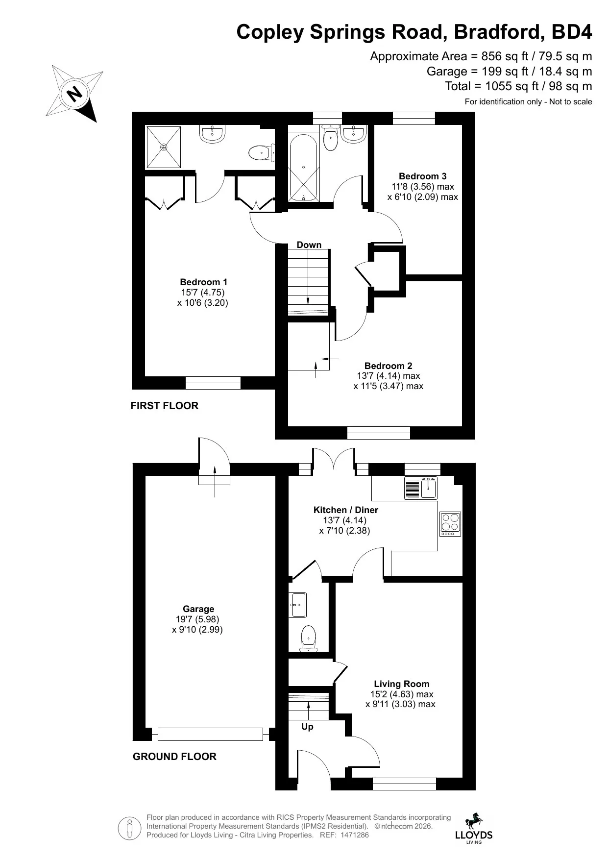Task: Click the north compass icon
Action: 75,93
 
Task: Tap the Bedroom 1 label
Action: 203,282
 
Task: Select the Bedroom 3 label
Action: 422,176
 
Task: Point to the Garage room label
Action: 198,609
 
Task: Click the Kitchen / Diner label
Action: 345,510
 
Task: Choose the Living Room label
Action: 401,684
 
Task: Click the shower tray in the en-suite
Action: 164,147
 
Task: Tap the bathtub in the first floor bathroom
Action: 304,167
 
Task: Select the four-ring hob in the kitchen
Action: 450,523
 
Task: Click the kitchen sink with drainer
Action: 421,488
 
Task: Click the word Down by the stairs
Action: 309,245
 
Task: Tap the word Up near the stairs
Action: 307,727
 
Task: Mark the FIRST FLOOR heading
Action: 165,406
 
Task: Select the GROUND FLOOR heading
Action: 174,757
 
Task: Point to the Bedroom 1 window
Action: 213,383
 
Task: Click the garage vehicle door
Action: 211,734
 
